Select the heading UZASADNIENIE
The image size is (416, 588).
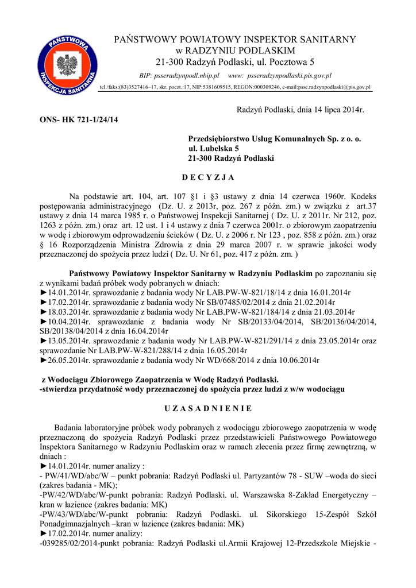click(x=207, y=408)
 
